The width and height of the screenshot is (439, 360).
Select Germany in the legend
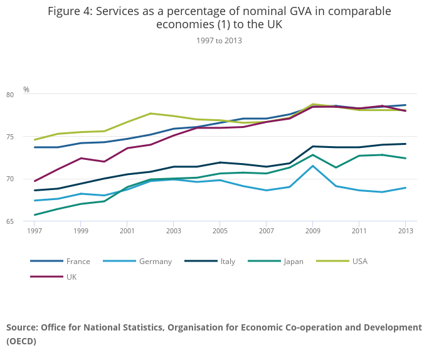click(155, 262)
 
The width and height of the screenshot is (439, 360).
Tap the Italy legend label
click(228, 262)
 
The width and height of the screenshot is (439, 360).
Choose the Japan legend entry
click(293, 262)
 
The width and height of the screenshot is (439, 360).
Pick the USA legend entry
click(360, 262)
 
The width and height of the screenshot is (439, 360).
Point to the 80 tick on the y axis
click(27, 95)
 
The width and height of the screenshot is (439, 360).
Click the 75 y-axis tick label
click(27, 137)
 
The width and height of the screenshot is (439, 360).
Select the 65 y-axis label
click(27, 221)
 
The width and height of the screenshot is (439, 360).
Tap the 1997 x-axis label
click(34, 231)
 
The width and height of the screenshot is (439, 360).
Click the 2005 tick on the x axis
click(219, 231)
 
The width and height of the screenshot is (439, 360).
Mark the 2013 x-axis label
click(405, 231)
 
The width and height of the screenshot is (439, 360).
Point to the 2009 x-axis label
click(312, 231)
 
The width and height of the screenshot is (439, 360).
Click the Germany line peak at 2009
click(312, 166)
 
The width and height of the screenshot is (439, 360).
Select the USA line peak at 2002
click(151, 114)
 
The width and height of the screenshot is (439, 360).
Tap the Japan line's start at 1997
click(34, 215)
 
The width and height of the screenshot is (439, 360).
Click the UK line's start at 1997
click(34, 181)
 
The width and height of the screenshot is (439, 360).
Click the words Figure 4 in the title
click(71, 11)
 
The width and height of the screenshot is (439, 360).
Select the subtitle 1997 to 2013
click(219, 41)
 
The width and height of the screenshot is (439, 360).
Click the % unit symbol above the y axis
click(26, 90)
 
